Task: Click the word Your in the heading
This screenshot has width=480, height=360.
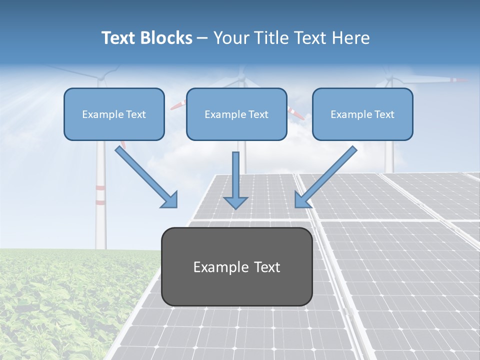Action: click(x=231, y=38)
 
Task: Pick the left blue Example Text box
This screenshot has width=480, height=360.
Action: click(x=114, y=114)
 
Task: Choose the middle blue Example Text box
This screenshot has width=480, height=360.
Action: click(x=236, y=114)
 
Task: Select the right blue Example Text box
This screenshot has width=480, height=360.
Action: click(x=362, y=114)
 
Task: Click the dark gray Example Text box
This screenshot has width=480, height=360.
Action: click(x=236, y=267)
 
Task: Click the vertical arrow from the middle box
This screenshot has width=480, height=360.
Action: click(x=235, y=175)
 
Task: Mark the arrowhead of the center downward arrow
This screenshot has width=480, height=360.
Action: click(x=235, y=202)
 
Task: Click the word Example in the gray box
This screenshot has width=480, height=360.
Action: click(x=218, y=267)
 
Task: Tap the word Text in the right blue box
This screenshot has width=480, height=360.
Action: click(x=383, y=114)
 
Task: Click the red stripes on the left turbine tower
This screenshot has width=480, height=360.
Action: click(x=101, y=195)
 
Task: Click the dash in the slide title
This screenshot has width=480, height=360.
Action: click(x=202, y=38)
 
